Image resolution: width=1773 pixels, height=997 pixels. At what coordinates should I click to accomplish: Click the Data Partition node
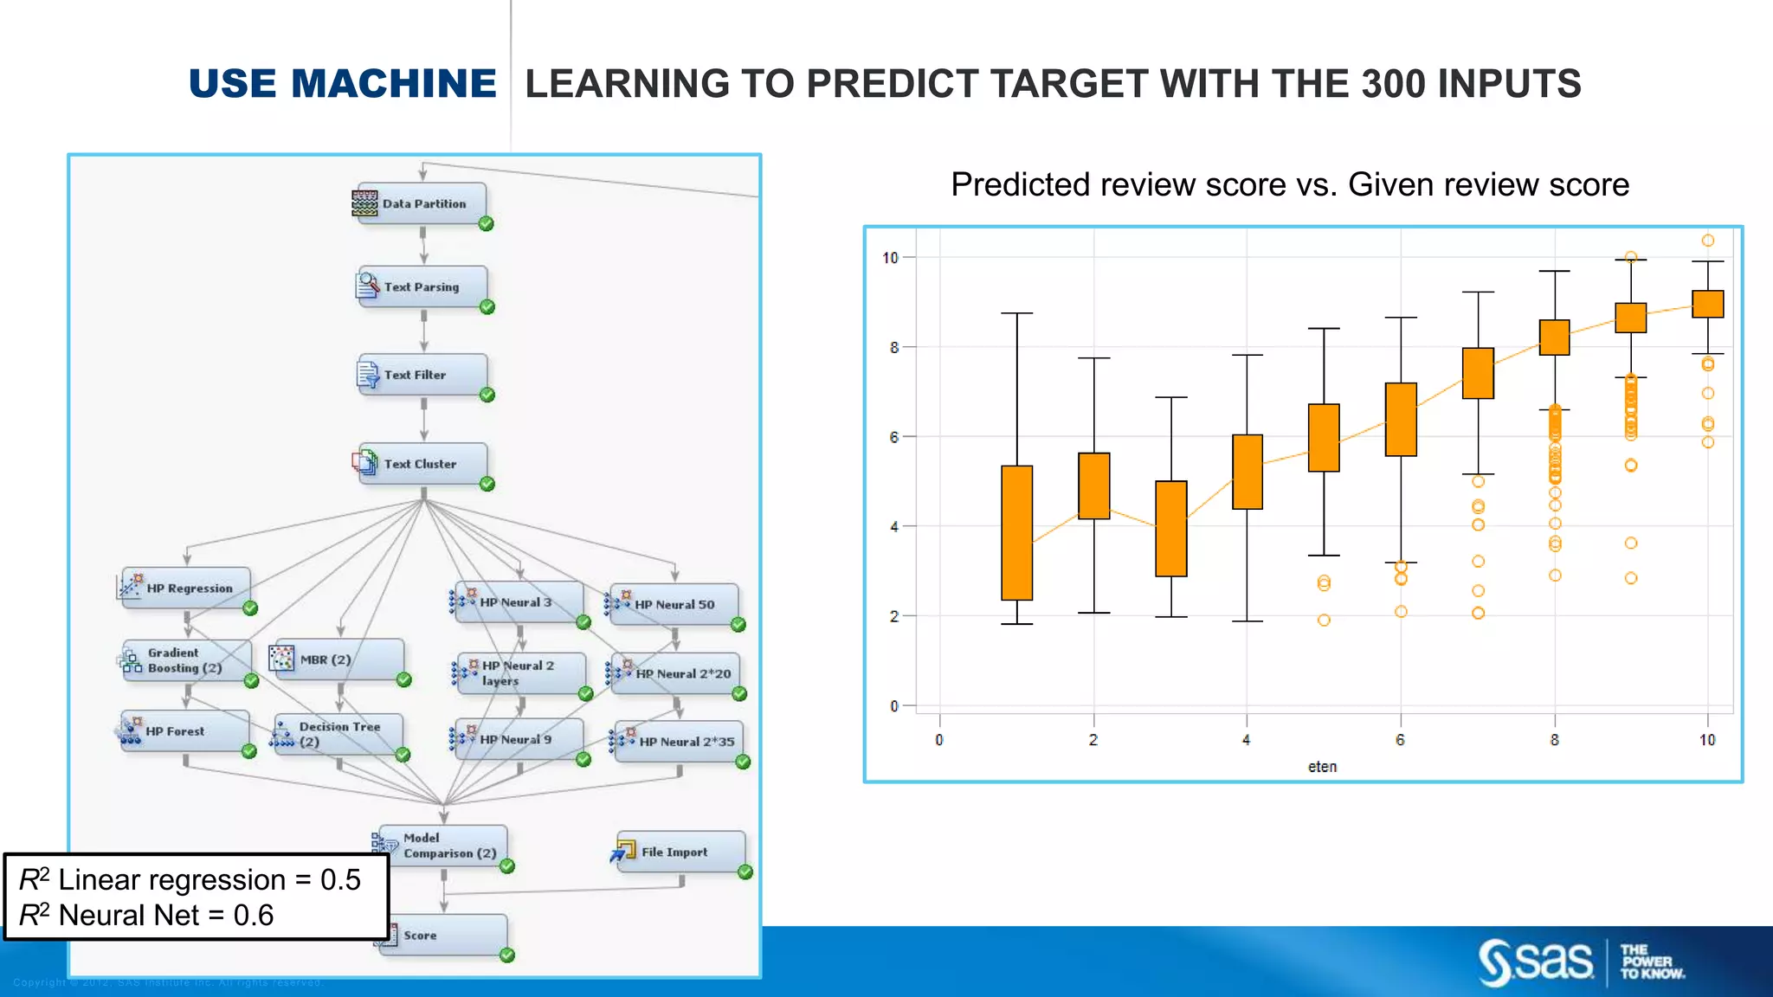pos(422,204)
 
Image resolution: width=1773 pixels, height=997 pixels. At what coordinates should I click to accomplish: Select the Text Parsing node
pos(422,287)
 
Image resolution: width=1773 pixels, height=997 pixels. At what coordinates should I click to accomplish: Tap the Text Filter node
pos(422,376)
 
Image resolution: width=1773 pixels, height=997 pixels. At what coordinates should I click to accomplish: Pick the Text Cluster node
pos(422,465)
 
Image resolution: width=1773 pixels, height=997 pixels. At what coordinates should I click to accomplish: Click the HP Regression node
pos(186,589)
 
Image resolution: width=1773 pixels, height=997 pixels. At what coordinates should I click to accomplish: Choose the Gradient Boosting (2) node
pos(186,660)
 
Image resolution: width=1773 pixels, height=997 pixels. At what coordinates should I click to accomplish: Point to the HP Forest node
pos(184,731)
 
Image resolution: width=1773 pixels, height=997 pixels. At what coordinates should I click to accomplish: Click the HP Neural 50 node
pos(674,604)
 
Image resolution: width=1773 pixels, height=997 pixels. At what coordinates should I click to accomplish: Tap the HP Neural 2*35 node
pos(678,742)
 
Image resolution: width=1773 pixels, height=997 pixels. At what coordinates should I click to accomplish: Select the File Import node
pos(680,852)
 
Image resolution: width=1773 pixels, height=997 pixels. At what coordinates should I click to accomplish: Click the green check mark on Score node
pos(507,955)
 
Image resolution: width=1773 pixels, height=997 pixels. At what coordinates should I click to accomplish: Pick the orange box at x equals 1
pos(1016,532)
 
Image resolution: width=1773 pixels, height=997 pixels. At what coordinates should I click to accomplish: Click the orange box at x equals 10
pos(1707,304)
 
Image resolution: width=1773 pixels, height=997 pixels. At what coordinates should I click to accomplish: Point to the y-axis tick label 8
pos(894,348)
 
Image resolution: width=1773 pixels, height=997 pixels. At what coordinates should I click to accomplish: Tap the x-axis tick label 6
pos(1400,740)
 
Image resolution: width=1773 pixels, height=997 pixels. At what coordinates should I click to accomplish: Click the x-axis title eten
pos(1322,767)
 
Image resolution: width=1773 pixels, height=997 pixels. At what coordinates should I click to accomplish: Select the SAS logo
pos(1537,962)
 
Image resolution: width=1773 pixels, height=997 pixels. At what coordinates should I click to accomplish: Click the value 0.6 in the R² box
pos(254,916)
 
